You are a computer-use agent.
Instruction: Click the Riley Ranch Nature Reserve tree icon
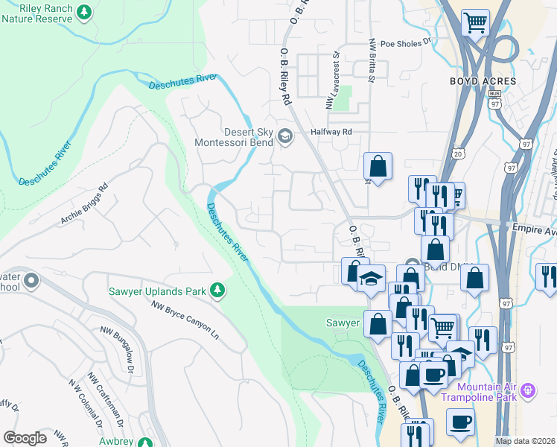(84, 11)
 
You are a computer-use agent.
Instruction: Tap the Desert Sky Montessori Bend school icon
(284, 136)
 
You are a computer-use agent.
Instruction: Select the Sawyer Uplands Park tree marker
(217, 289)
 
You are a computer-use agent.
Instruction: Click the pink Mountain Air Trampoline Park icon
(529, 390)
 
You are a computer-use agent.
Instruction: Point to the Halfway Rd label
(331, 131)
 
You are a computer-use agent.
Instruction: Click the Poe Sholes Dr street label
(406, 43)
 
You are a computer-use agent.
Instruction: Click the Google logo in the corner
(25, 438)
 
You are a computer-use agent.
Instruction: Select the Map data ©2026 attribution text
(525, 441)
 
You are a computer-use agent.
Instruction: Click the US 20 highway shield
(456, 153)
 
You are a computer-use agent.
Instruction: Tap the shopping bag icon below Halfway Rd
(378, 165)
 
